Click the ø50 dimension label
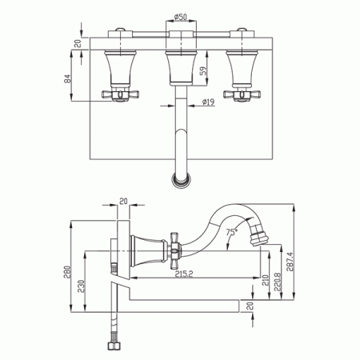(181, 17)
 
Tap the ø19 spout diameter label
(208, 102)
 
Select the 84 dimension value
(68, 78)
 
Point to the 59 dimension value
(203, 71)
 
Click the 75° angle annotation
(231, 232)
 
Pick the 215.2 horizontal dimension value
(184, 274)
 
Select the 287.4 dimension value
(290, 262)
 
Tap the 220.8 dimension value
(277, 282)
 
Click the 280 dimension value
(67, 272)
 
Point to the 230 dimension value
(81, 286)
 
